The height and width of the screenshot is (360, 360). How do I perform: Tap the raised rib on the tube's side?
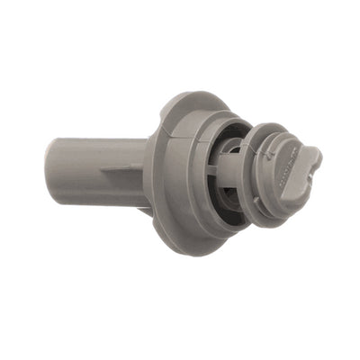pos(116,168)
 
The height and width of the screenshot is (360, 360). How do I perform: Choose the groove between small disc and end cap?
pos(270,180)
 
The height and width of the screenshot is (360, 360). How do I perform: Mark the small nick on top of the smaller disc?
pos(262,127)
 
